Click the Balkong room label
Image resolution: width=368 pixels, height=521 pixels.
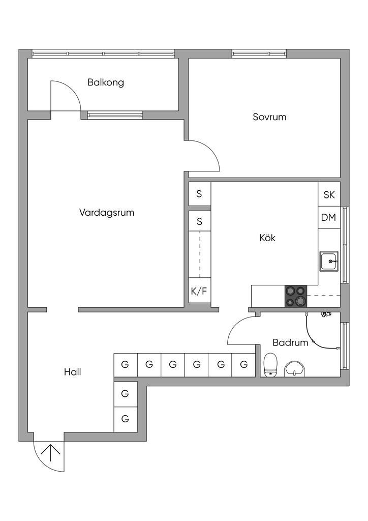pyautogui.click(x=106, y=82)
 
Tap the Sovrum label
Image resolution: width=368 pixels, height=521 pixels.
pyautogui.click(x=269, y=117)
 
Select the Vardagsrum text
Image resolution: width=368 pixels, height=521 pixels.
pyautogui.click(x=107, y=212)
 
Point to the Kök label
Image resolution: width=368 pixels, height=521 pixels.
pyautogui.click(x=267, y=237)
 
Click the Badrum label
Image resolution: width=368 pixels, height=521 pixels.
pyautogui.click(x=290, y=342)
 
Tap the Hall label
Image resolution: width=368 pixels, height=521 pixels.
pyautogui.click(x=72, y=372)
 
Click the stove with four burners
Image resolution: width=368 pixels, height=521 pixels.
pyautogui.click(x=296, y=296)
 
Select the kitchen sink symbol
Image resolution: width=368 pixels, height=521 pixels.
pyautogui.click(x=329, y=262)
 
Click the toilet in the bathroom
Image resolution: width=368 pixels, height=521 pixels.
pyautogui.click(x=270, y=365)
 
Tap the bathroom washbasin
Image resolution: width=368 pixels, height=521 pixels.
pyautogui.click(x=295, y=368)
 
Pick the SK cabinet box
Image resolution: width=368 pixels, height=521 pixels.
pyautogui.click(x=329, y=194)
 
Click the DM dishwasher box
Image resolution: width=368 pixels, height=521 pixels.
pyautogui.click(x=329, y=217)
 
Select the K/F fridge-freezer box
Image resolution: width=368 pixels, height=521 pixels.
pyautogui.click(x=199, y=292)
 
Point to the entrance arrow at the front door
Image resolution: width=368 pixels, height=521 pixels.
pyautogui.click(x=51, y=452)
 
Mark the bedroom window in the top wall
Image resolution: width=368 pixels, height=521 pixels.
pyautogui.click(x=259, y=53)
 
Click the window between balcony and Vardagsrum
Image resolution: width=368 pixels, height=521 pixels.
pyautogui.click(x=114, y=115)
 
